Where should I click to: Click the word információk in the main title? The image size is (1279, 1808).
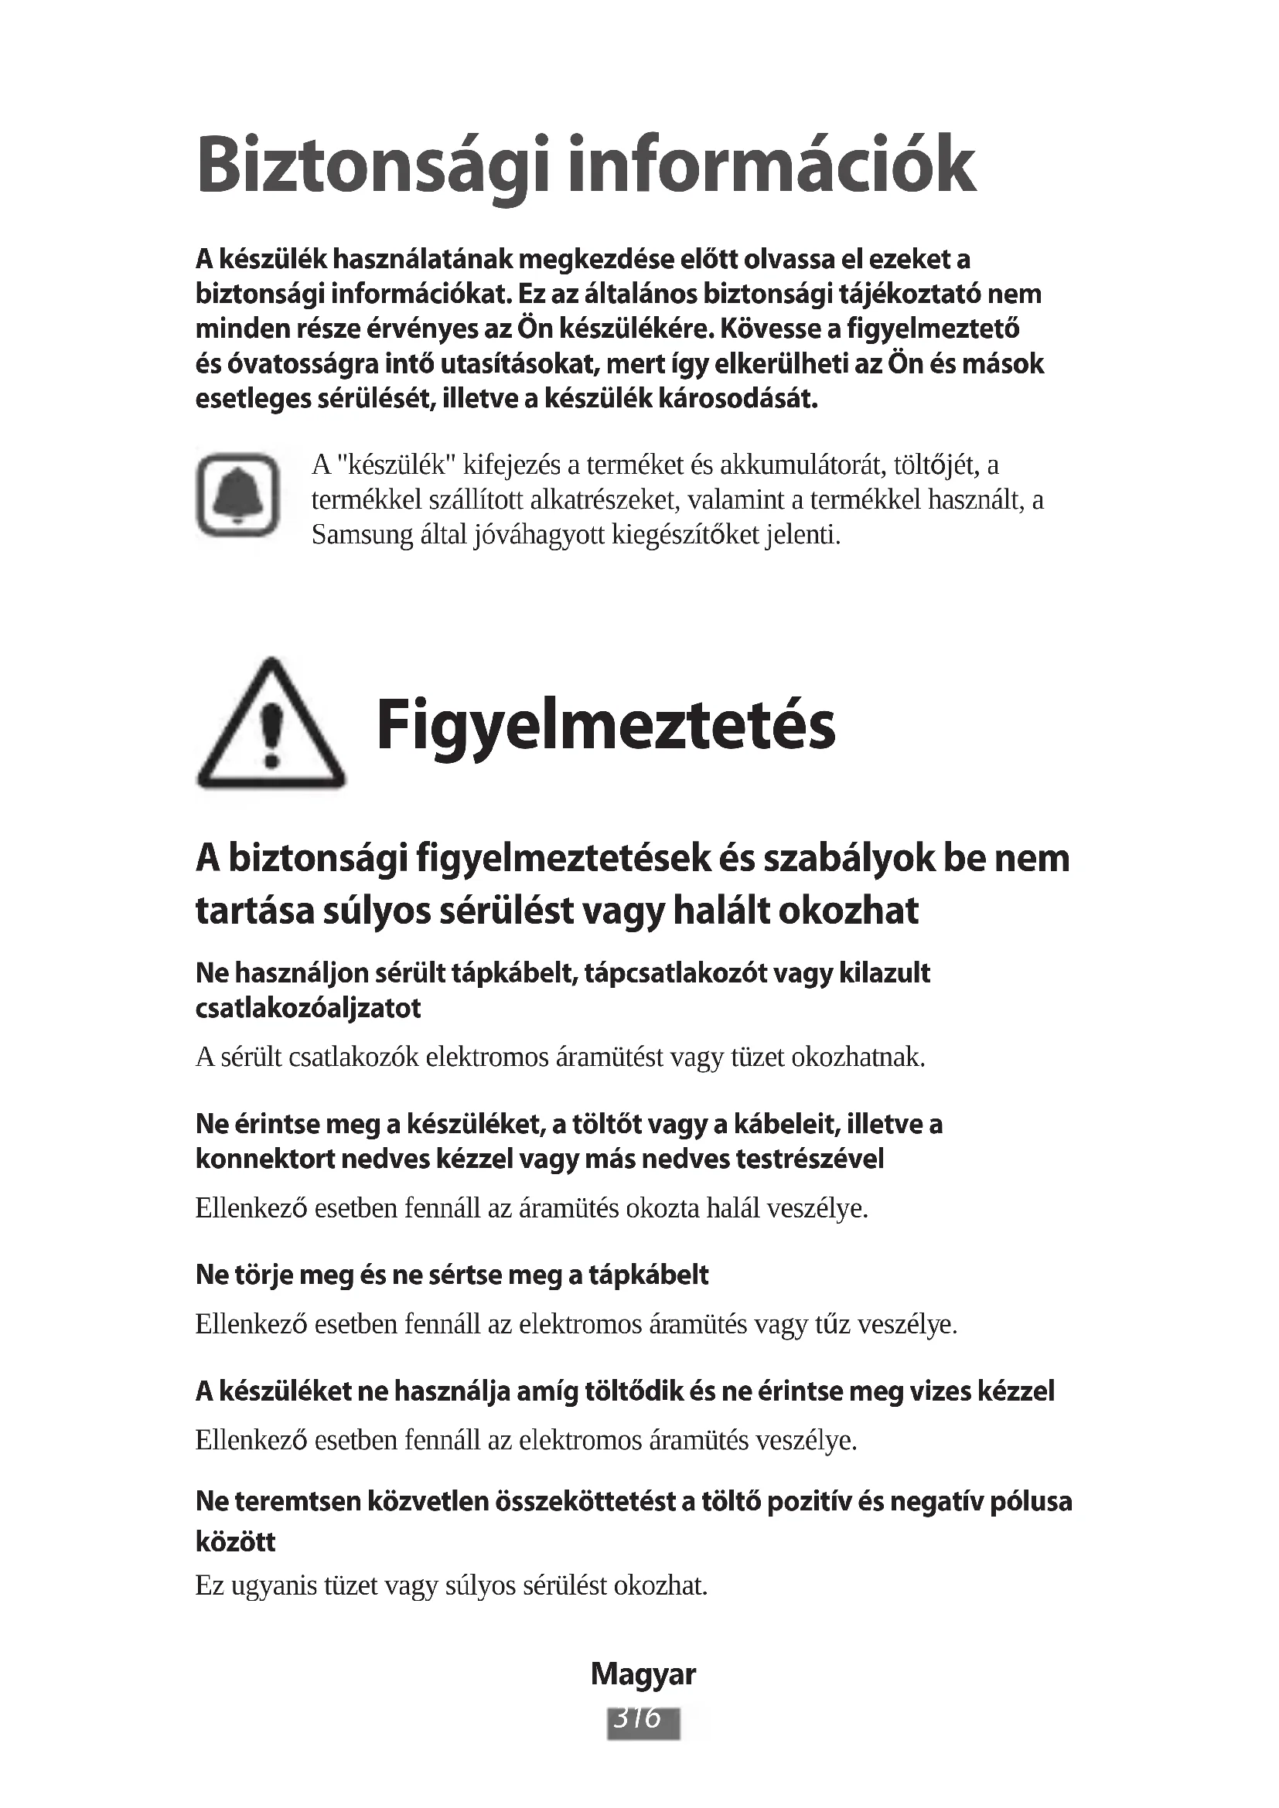coord(772,165)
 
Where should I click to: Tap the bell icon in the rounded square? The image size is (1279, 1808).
coord(238,495)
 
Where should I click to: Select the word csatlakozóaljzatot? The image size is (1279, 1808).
coord(308,1009)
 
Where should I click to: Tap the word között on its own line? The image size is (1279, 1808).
coord(236,1541)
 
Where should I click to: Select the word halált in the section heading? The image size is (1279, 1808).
coord(723,911)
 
